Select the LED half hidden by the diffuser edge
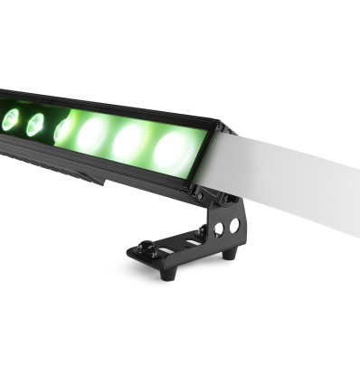click(x=62, y=131)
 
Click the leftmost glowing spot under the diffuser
click(x=93, y=136)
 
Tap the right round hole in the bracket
click(x=234, y=223)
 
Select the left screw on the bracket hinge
click(x=199, y=192)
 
